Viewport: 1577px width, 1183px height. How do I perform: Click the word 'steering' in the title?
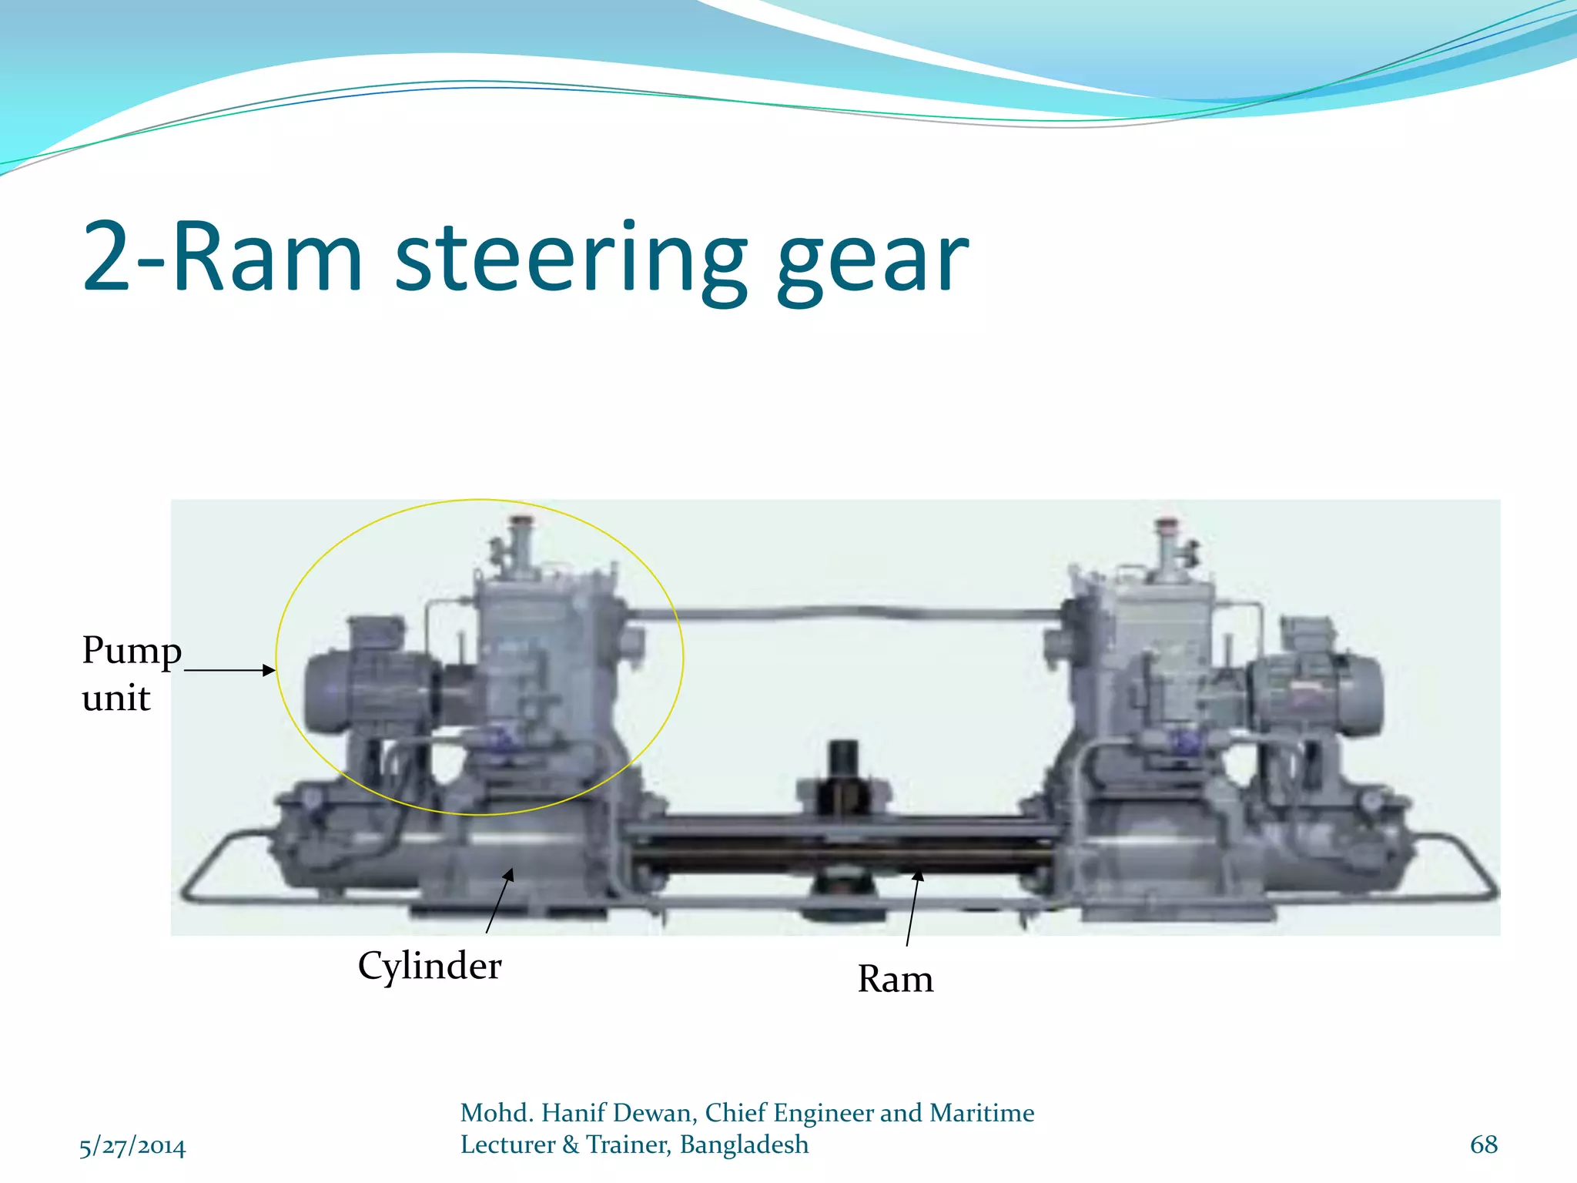pyautogui.click(x=570, y=258)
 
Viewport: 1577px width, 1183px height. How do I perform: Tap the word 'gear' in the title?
pyautogui.click(x=872, y=262)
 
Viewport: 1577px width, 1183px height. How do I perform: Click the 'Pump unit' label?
pyautogui.click(x=131, y=673)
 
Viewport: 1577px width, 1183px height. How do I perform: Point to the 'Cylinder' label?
pyautogui.click(x=429, y=966)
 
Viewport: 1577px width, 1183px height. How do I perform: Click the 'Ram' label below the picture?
pyautogui.click(x=895, y=980)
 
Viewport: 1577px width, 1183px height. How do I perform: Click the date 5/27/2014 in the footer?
pyautogui.click(x=132, y=1147)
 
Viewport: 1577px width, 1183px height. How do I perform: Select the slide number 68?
pyautogui.click(x=1483, y=1144)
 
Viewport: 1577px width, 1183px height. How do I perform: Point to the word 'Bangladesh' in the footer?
pyautogui.click(x=744, y=1145)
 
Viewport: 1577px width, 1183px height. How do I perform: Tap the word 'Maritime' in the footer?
pyautogui.click(x=982, y=1113)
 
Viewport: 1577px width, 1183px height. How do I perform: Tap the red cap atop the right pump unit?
pyautogui.click(x=1167, y=523)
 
